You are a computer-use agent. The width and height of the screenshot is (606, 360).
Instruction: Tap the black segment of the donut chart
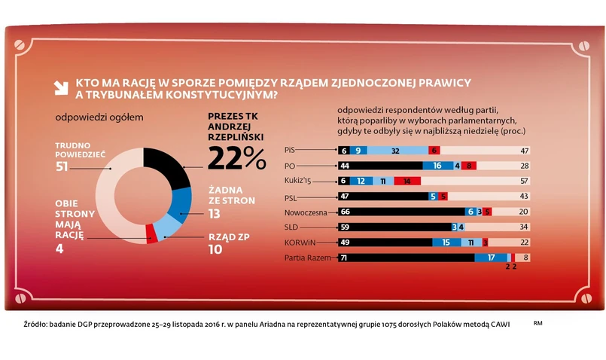click(169, 166)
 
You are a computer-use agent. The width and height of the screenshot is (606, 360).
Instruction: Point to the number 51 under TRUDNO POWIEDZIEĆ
click(62, 166)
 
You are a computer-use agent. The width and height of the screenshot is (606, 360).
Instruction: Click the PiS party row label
click(290, 150)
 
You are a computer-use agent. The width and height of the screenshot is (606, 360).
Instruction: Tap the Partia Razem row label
click(306, 258)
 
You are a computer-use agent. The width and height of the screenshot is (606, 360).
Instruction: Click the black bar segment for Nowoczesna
click(399, 212)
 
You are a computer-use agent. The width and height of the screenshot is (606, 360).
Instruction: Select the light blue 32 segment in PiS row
click(395, 151)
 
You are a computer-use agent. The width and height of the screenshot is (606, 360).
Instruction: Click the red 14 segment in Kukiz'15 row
click(407, 182)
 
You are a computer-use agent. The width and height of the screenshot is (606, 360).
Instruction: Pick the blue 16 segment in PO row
click(437, 166)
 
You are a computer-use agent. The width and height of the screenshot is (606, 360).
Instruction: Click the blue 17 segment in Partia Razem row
click(491, 258)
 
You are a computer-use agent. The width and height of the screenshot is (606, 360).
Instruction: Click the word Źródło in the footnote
click(35, 324)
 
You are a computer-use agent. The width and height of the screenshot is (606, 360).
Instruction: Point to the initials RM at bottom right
click(537, 323)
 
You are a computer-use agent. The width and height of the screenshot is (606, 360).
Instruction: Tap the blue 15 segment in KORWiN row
click(446, 243)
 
